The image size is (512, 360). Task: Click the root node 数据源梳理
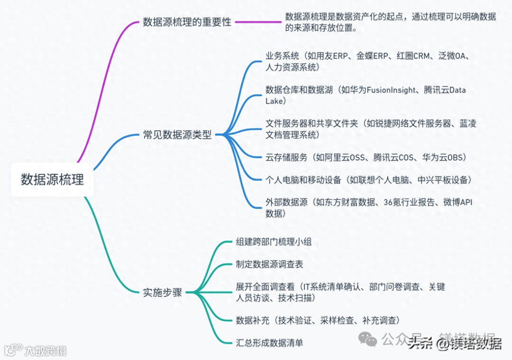(x=52, y=180)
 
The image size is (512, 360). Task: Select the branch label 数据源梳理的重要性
(x=187, y=22)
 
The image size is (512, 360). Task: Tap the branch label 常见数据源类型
(x=177, y=135)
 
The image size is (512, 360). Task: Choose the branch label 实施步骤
(x=162, y=292)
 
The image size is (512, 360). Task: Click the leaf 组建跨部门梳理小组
(x=274, y=242)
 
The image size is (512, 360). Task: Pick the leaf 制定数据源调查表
(x=269, y=264)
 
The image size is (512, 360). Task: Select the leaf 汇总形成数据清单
(x=269, y=342)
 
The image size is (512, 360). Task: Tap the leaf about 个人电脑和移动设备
(x=368, y=180)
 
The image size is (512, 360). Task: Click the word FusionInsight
(x=391, y=90)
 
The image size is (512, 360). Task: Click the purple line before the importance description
(x=258, y=22)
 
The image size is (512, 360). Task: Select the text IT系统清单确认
(x=334, y=287)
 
